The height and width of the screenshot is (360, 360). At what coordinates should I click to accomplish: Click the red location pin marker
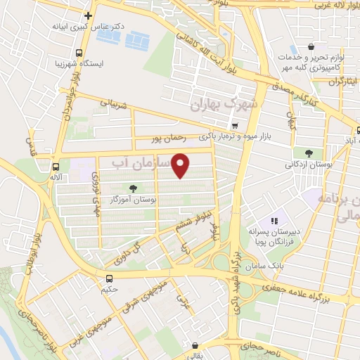point(181,165)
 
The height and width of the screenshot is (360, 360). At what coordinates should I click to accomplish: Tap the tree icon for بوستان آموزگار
point(133,188)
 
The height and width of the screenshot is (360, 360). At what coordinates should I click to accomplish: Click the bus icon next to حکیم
point(109,278)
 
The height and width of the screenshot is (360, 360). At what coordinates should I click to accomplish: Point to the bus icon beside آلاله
point(56,167)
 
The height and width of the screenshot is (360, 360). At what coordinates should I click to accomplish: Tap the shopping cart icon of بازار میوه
point(234,126)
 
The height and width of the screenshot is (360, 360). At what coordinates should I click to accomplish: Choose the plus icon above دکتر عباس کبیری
point(88,15)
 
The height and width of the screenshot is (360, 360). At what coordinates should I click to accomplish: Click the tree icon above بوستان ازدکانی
point(309,153)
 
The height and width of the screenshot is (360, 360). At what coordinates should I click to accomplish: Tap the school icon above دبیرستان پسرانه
point(274,220)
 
